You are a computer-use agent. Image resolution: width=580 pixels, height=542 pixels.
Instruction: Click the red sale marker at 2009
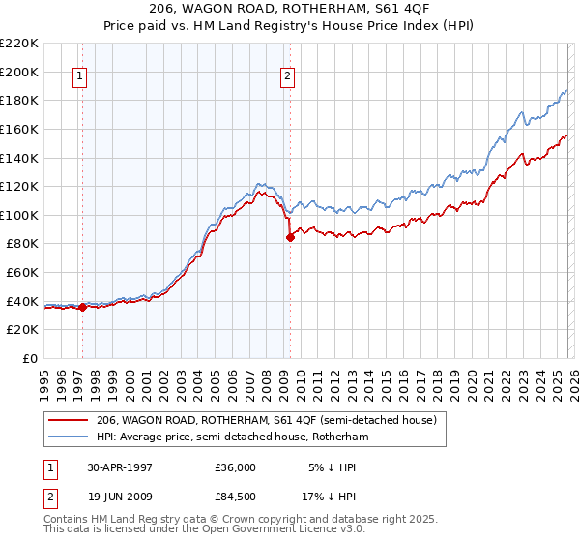tap(290, 237)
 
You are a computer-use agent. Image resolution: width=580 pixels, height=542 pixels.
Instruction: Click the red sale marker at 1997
tap(83, 307)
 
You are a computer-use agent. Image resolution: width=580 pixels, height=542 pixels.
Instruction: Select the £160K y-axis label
tap(20, 129)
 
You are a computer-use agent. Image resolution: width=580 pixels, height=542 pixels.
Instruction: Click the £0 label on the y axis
tap(30, 358)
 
